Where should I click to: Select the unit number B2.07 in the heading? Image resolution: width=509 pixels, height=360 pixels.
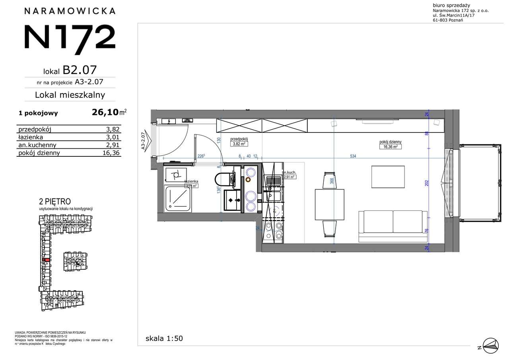(80, 70)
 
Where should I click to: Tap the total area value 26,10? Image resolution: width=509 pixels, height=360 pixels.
(105, 113)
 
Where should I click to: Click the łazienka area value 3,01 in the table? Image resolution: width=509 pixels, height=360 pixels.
(113, 137)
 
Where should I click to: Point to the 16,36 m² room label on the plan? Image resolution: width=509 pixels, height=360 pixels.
(390, 146)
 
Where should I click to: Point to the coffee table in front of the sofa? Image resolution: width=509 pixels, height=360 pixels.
(388, 176)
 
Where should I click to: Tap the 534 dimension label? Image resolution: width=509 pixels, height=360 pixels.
(353, 156)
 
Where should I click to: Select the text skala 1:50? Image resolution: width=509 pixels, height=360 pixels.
(164, 339)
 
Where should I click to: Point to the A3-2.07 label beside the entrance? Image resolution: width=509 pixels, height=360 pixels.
(144, 142)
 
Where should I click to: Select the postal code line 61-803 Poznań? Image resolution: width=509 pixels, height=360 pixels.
(447, 21)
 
